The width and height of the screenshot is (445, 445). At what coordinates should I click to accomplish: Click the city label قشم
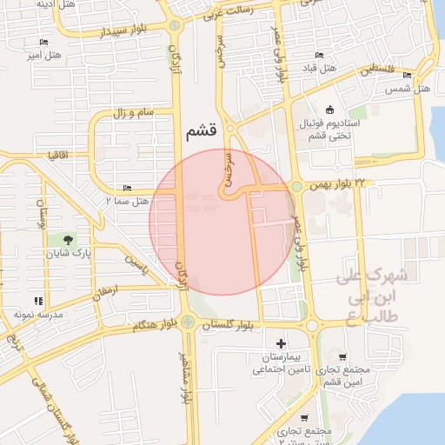pyautogui.click(x=202, y=131)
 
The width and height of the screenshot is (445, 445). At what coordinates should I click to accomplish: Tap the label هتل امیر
pyautogui.click(x=44, y=56)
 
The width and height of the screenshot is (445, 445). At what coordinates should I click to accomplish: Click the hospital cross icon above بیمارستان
pyautogui.click(x=280, y=343)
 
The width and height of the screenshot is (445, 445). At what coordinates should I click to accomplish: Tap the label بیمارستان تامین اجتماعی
pyautogui.click(x=277, y=363)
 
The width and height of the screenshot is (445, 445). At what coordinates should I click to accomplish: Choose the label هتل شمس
pyautogui.click(x=408, y=90)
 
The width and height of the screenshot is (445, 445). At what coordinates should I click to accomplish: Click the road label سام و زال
pyautogui.click(x=132, y=113)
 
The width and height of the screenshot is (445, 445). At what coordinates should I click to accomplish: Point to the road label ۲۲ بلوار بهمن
pyautogui.click(x=337, y=184)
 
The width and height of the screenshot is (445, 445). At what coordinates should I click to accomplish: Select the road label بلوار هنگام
pyautogui.click(x=155, y=325)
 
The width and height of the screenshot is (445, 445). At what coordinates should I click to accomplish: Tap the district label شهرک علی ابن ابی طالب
pyautogui.click(x=372, y=295)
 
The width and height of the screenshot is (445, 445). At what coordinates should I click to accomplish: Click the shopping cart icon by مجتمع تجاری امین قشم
pyautogui.click(x=342, y=357)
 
